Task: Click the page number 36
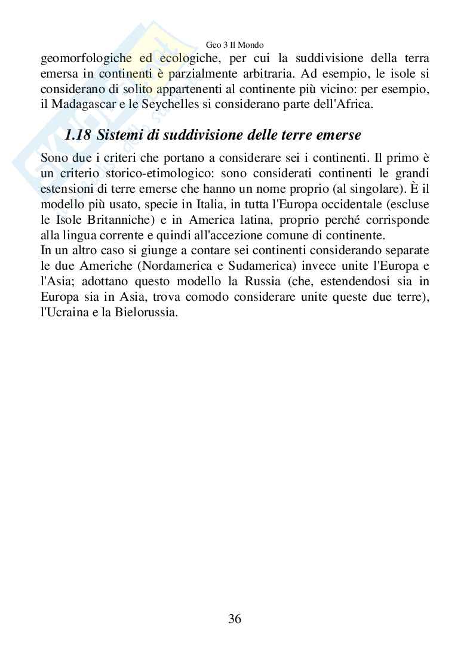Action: [x=235, y=619]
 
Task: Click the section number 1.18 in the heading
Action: [x=78, y=135]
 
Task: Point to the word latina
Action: [x=238, y=220]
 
